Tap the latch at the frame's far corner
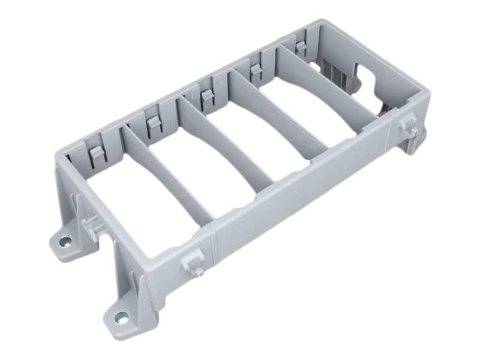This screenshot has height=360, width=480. pyautogui.click(x=409, y=129)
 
